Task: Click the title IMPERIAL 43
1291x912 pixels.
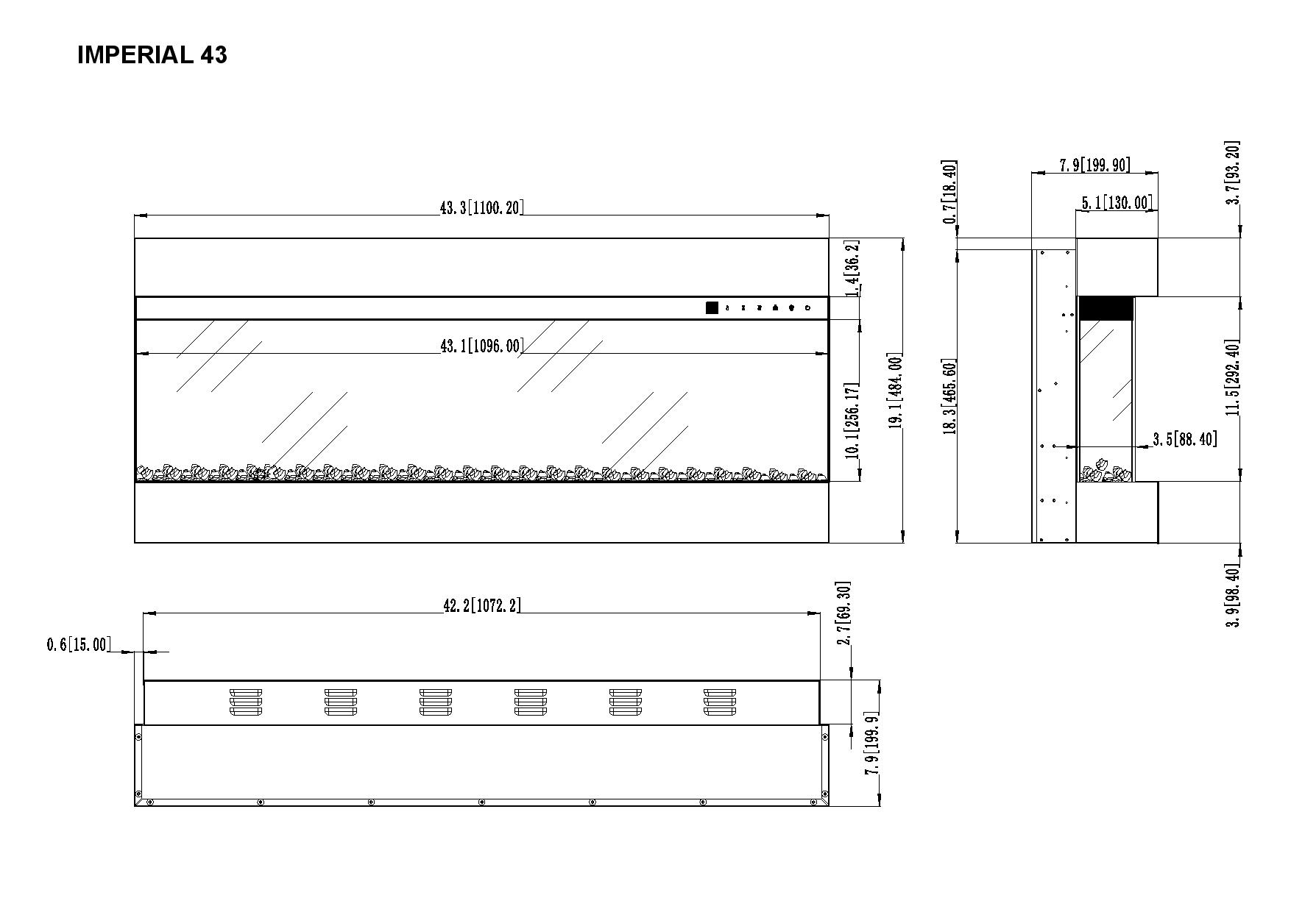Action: (152, 55)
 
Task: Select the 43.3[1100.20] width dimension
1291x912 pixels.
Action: (481, 208)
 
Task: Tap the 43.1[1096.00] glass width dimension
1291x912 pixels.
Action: (481, 346)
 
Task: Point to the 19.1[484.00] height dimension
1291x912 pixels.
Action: (895, 391)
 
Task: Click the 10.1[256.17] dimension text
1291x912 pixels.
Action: (852, 421)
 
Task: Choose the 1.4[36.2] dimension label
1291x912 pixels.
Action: (852, 268)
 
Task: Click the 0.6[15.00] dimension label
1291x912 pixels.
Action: (79, 645)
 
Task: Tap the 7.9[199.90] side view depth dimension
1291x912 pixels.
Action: (1094, 165)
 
